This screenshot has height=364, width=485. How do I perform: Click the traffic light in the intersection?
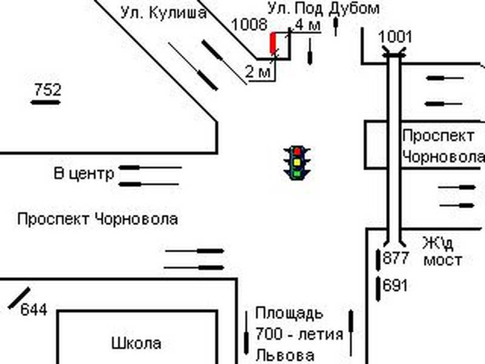tap(296, 161)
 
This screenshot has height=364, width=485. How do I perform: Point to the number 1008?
tap(249, 24)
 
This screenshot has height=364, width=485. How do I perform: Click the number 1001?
tap(395, 36)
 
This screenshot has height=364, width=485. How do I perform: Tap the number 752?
tap(47, 90)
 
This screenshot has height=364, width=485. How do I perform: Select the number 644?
tap(34, 310)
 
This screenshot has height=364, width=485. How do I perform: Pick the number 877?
tap(396, 258)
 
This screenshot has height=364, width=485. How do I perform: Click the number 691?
tap(396, 285)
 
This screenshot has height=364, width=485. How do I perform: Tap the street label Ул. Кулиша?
tap(163, 13)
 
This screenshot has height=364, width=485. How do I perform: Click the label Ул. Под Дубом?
tap(324, 8)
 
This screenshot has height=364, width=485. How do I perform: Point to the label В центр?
tap(84, 175)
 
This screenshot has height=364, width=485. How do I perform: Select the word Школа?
tap(136, 343)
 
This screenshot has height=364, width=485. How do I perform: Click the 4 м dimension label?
tap(306, 25)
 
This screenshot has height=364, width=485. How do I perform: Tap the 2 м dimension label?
tap(257, 72)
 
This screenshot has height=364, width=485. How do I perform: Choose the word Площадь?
tap(289, 314)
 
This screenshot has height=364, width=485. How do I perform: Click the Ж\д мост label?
tap(442, 252)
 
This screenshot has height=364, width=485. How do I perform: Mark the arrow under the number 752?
tap(45, 103)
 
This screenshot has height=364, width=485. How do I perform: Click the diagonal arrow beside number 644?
tap(19, 297)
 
